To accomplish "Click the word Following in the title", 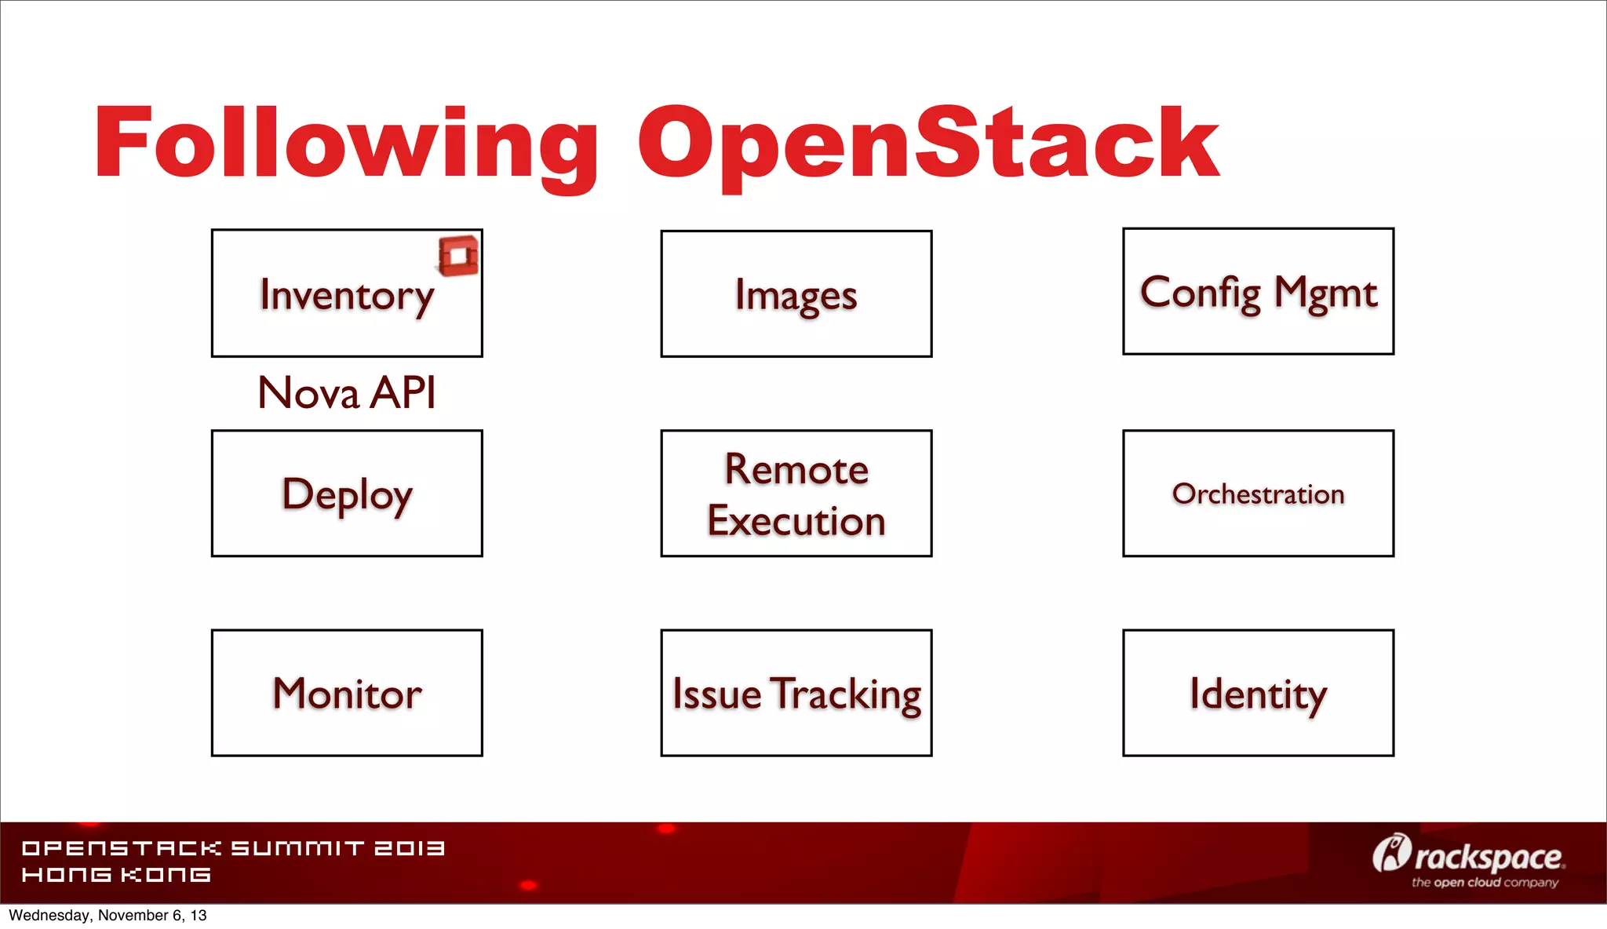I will [x=345, y=145].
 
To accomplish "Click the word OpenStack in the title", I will [x=927, y=145].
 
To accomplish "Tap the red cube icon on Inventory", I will [x=458, y=256].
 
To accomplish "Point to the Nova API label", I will [x=346, y=393].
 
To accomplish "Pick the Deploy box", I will [x=346, y=494].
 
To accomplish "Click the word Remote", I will [x=796, y=469].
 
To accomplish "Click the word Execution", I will [x=796, y=521].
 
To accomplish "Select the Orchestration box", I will [x=1258, y=494].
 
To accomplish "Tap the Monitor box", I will [x=346, y=694].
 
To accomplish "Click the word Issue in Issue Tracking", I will [x=716, y=694].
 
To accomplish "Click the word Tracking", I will [x=845, y=694].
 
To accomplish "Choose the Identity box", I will [x=1258, y=694].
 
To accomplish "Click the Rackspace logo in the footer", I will [x=1467, y=856].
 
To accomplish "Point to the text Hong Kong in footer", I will [x=116, y=875].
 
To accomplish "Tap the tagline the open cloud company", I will [x=1485, y=883].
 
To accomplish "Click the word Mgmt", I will [x=1325, y=293].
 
